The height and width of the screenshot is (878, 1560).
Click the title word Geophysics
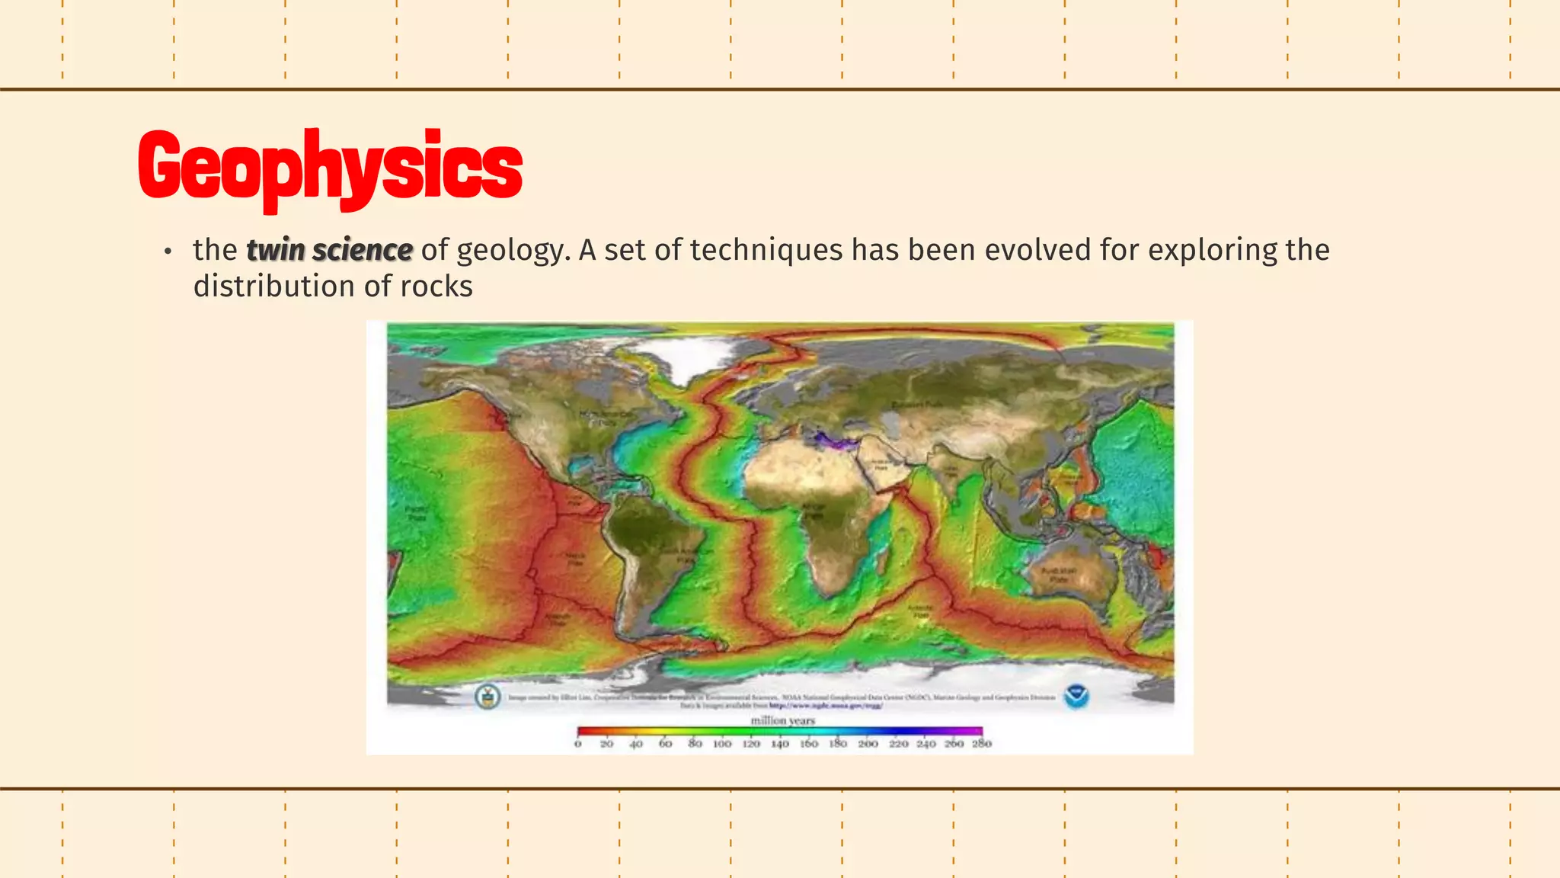point(330,166)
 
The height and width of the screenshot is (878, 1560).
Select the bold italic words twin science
point(329,250)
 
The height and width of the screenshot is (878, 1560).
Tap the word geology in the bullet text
point(513,250)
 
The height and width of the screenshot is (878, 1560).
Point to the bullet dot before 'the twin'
point(168,252)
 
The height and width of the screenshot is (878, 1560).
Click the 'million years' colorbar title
point(782,720)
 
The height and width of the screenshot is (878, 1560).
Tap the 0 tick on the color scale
point(578,743)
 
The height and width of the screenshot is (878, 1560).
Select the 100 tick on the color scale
point(722,743)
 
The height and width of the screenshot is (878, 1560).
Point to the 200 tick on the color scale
point(868,743)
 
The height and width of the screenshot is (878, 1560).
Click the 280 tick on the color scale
point(982,743)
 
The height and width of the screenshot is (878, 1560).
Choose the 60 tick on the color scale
point(665,743)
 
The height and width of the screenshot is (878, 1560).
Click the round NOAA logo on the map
point(1076,696)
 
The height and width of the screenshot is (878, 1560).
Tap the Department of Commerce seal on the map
point(487,696)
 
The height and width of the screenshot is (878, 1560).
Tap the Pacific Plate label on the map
point(417,513)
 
